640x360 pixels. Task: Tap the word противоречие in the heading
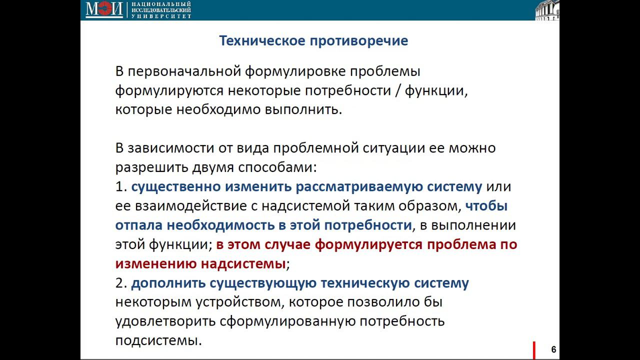[x=359, y=40]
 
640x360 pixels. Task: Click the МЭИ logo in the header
[x=104, y=9]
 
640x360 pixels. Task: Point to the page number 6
[x=553, y=349]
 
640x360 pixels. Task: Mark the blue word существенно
[x=176, y=186]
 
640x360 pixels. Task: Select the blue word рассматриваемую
[x=359, y=186]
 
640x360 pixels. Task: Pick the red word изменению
[x=156, y=263]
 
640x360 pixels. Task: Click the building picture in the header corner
[x=547, y=10]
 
